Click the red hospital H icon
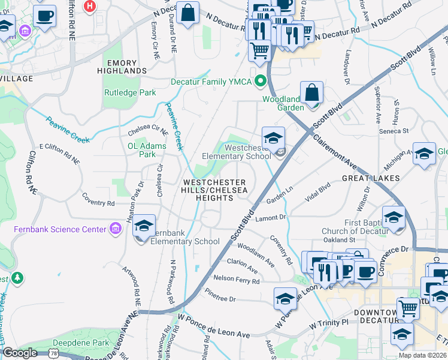pyautogui.click(x=90, y=7)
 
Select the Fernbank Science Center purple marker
pyautogui.click(x=114, y=229)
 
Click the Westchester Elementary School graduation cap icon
pyautogui.click(x=273, y=137)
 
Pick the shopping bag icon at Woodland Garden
pyautogui.click(x=312, y=93)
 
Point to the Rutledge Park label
pyautogui.click(x=130, y=93)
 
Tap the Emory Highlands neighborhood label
pyautogui.click(x=126, y=67)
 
